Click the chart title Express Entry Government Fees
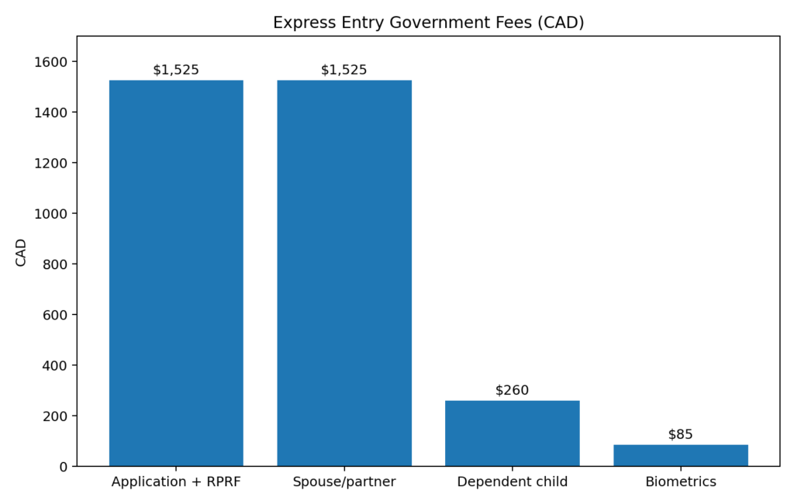[x=428, y=22]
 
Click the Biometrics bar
[x=680, y=455]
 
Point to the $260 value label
[x=512, y=390]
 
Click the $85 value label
[x=680, y=434]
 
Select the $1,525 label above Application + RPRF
[x=176, y=70]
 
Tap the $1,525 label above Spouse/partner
[x=344, y=70]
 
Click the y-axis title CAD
[x=21, y=252]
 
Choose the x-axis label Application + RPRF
[x=176, y=482]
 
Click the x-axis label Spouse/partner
[x=344, y=482]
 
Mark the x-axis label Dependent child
[x=512, y=482]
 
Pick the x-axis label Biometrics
[x=680, y=482]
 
